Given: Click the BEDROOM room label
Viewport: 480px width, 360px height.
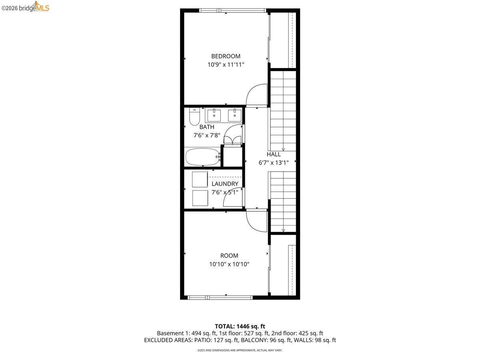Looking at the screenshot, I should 226,56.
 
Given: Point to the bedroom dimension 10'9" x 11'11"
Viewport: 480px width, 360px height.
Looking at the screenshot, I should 226,64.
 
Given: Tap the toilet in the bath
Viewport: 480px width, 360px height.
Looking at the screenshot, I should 194,116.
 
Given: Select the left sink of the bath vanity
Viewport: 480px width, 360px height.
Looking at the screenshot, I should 214,115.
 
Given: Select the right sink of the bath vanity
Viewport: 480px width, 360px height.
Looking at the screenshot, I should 235,115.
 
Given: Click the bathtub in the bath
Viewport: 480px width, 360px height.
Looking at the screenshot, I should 202,157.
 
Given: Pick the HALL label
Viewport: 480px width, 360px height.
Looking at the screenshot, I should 274,154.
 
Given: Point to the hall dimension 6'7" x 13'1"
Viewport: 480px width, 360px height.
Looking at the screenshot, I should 274,163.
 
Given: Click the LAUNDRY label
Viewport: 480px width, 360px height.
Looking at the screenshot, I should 225,184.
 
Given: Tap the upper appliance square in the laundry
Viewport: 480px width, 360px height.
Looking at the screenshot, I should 200,179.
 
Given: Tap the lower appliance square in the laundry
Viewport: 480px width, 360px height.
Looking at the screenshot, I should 200,198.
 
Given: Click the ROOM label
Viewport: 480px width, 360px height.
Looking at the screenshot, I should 229,256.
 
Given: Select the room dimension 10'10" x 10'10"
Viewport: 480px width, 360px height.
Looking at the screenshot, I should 229,264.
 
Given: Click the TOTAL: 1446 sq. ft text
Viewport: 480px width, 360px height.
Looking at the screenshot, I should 240,326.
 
